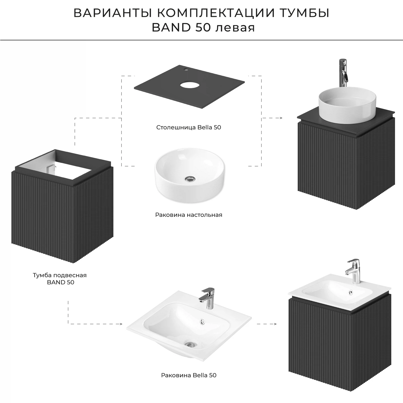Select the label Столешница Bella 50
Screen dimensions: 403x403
tap(189, 127)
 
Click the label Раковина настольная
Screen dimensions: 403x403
tap(189, 215)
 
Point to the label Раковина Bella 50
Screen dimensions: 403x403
tap(189, 375)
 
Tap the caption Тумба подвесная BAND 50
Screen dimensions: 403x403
tap(60, 279)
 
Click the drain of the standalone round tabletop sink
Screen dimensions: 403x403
tap(190, 178)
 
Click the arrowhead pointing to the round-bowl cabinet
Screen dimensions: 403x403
tap(280, 118)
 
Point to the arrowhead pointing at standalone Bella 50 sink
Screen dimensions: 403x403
tap(121, 324)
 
